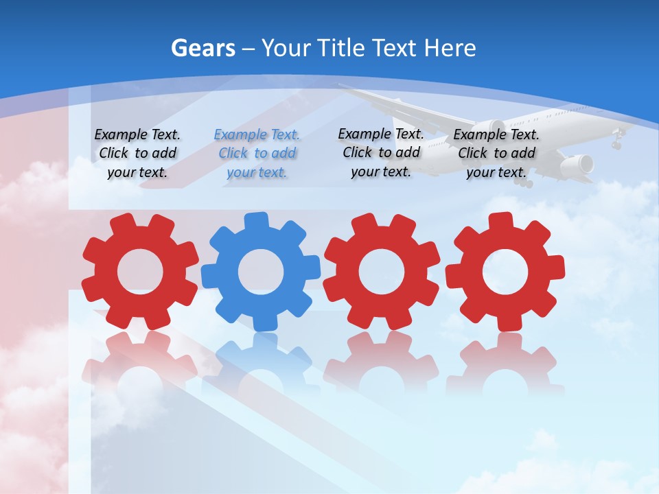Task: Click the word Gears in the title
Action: [203, 49]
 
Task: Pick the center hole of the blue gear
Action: [261, 272]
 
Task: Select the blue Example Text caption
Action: [257, 154]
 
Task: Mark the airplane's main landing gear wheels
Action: [526, 183]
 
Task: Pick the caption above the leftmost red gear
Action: [137, 154]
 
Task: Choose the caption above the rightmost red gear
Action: [496, 154]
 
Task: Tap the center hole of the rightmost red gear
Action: [505, 271]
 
